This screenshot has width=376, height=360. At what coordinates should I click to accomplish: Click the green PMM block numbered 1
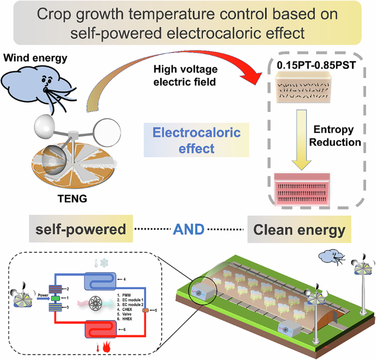tap(56, 298)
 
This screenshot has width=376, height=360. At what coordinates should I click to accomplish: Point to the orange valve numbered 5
tap(145, 310)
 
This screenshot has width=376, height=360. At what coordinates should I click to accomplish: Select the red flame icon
tap(108, 348)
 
